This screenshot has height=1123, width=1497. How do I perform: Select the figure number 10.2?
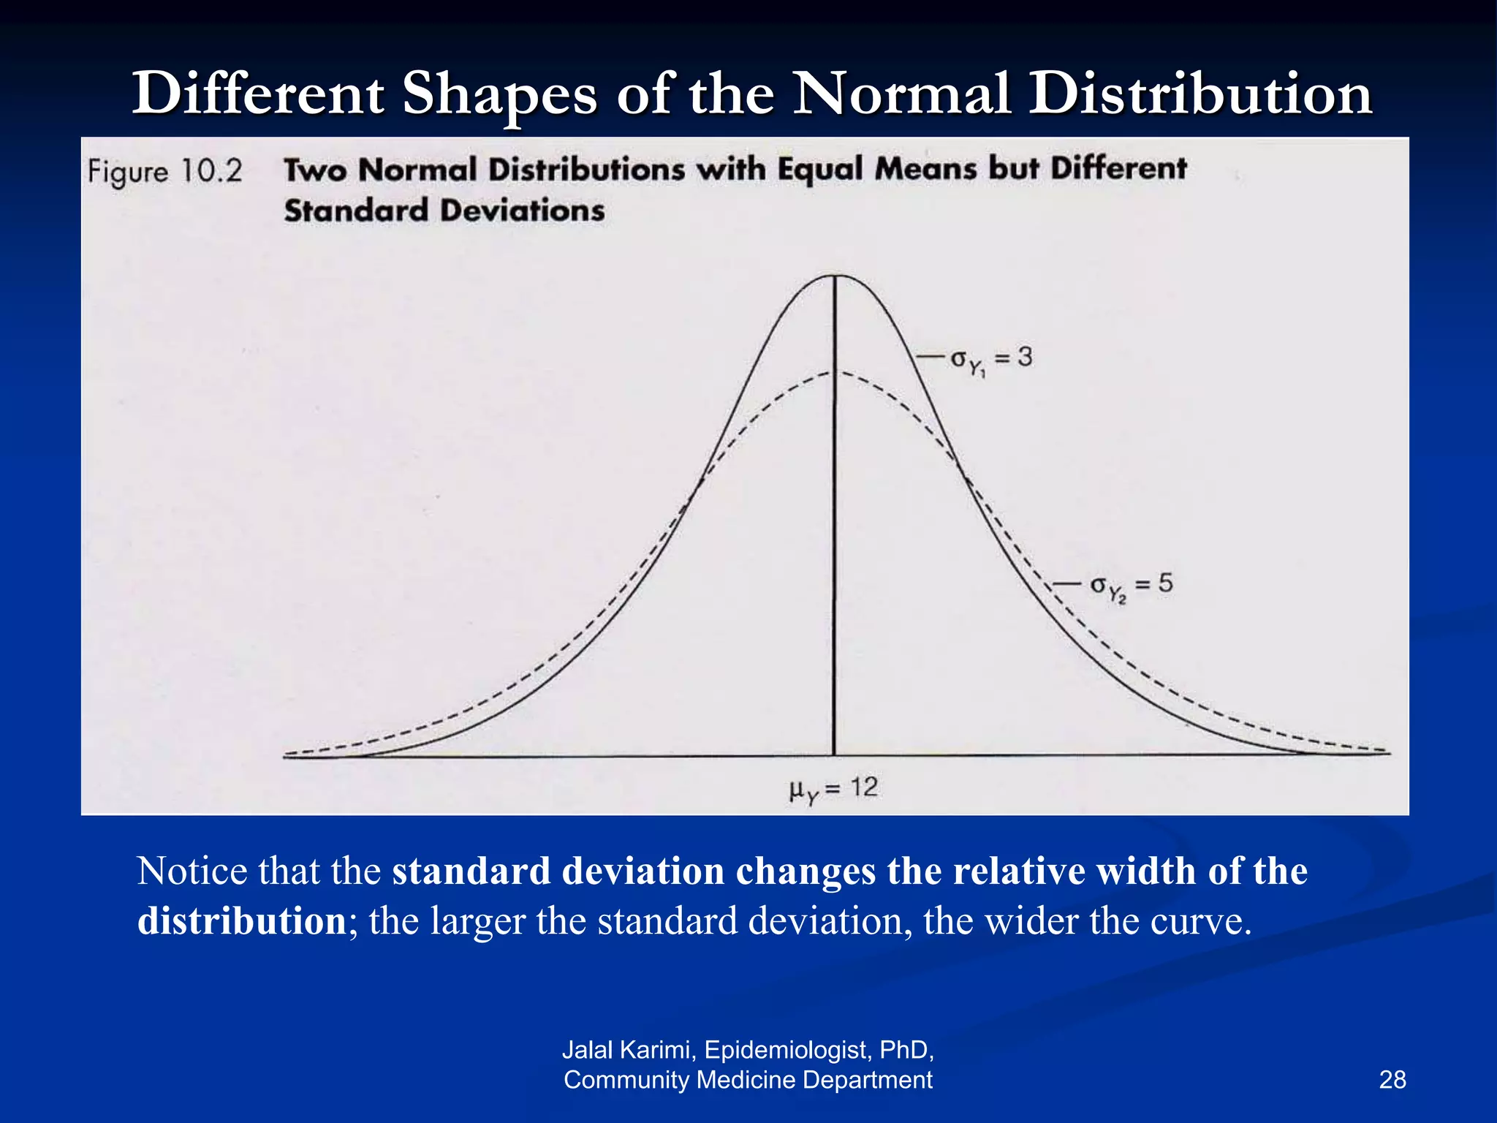click(211, 171)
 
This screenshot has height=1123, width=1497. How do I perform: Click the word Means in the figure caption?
click(925, 169)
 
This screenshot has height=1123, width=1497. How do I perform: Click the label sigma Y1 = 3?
click(990, 359)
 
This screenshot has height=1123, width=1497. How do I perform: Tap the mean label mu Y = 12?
click(833, 789)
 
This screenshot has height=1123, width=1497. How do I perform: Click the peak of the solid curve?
click(835, 276)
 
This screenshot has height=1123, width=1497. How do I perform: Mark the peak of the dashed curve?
click(835, 373)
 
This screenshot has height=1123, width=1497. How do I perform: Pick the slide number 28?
click(1392, 1080)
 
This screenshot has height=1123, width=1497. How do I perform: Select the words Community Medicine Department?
click(748, 1080)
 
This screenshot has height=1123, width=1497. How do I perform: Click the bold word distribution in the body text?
click(241, 921)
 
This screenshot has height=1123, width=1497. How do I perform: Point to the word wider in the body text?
click(1031, 921)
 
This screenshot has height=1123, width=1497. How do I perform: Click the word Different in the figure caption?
click(1118, 169)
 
